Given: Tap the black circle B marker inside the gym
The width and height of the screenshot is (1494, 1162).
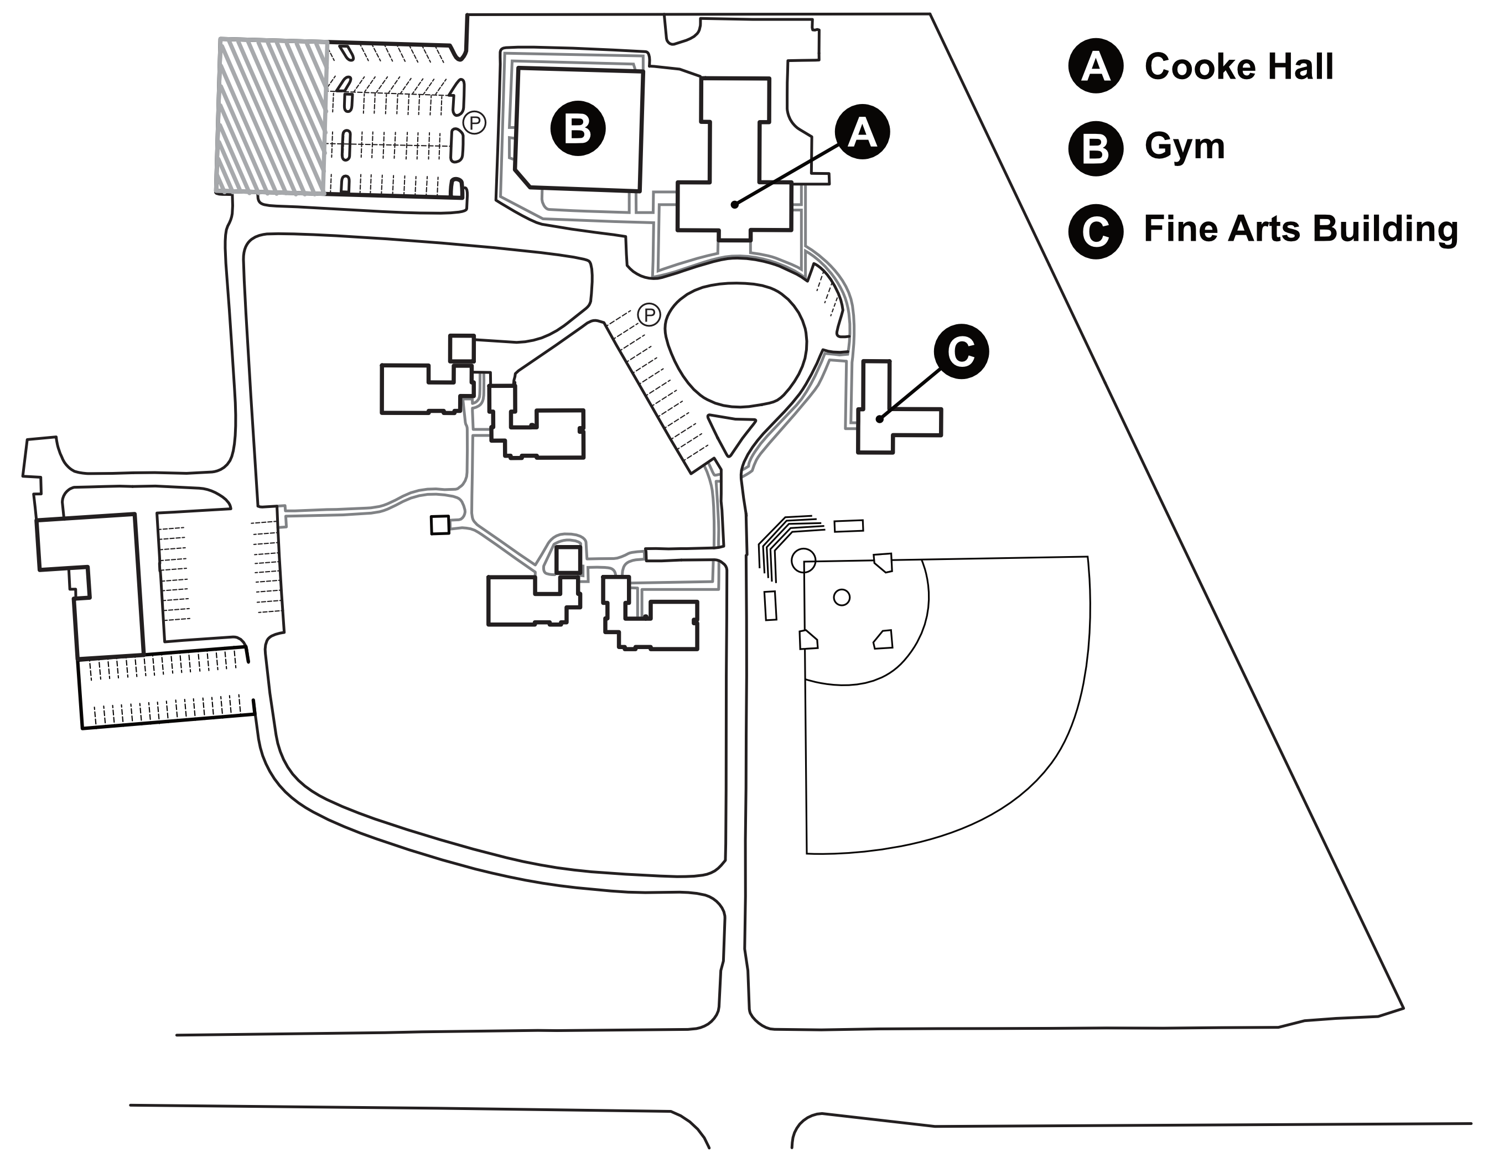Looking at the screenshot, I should tap(578, 128).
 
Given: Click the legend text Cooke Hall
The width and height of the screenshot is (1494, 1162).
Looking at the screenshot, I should tap(1238, 66).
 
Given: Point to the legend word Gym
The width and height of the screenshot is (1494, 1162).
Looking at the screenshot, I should tap(1184, 147).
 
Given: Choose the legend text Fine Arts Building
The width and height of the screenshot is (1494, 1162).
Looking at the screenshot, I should tap(1300, 229).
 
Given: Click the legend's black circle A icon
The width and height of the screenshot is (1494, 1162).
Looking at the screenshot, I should tap(1095, 66).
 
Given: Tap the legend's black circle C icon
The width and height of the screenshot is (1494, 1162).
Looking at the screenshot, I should tap(1095, 231).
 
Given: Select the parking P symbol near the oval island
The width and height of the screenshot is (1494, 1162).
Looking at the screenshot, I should tap(649, 315).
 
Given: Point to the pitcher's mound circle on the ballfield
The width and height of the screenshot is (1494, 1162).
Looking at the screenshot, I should tap(842, 597).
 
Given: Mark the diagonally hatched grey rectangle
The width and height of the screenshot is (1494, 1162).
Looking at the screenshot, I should tap(272, 117).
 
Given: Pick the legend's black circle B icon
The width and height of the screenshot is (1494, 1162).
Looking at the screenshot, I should tap(1095, 148).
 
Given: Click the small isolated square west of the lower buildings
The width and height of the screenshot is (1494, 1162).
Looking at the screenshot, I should tap(440, 525).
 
